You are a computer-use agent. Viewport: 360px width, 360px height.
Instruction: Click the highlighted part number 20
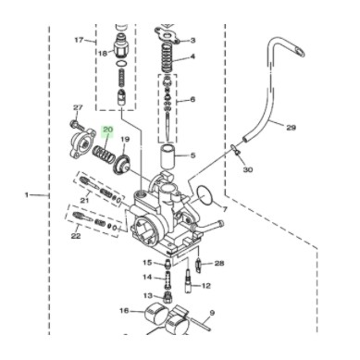(108, 130)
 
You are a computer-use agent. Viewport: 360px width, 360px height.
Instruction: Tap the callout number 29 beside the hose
(291, 127)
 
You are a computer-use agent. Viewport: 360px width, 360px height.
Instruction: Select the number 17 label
(79, 40)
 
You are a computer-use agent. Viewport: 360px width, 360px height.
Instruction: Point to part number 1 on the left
(27, 195)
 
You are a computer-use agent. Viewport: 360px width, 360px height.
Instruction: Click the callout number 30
(248, 169)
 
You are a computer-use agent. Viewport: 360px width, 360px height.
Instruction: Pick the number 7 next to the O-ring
(225, 209)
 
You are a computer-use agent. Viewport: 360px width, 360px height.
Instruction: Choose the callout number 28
(219, 263)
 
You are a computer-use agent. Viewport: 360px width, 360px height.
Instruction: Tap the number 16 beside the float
(124, 310)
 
